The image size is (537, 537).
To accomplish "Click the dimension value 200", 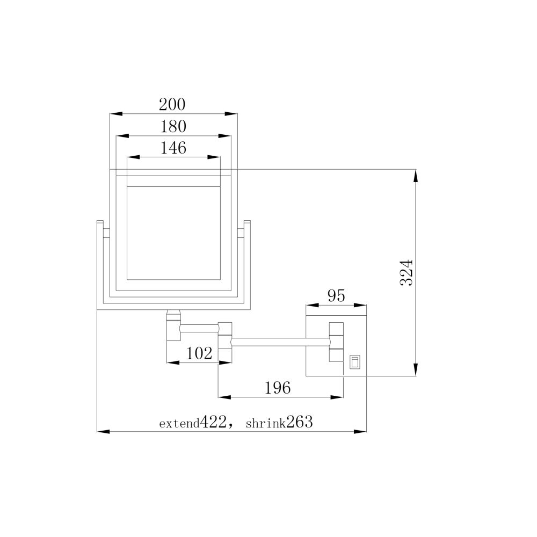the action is pos(172,105).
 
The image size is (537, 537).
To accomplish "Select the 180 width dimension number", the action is pos(173,126).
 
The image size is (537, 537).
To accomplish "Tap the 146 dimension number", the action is pos(173,148).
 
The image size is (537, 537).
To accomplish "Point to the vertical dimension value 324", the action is pos(407,273).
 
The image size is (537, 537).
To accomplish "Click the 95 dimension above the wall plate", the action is pos(336,296).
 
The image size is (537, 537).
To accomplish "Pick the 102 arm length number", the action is pos(199,353).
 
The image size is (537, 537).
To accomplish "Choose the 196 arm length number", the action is pos(278,388).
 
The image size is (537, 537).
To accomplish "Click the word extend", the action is pos(179,424).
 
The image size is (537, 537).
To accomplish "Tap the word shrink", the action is pos(266,424).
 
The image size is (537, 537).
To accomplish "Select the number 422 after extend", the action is pos(213,422).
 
